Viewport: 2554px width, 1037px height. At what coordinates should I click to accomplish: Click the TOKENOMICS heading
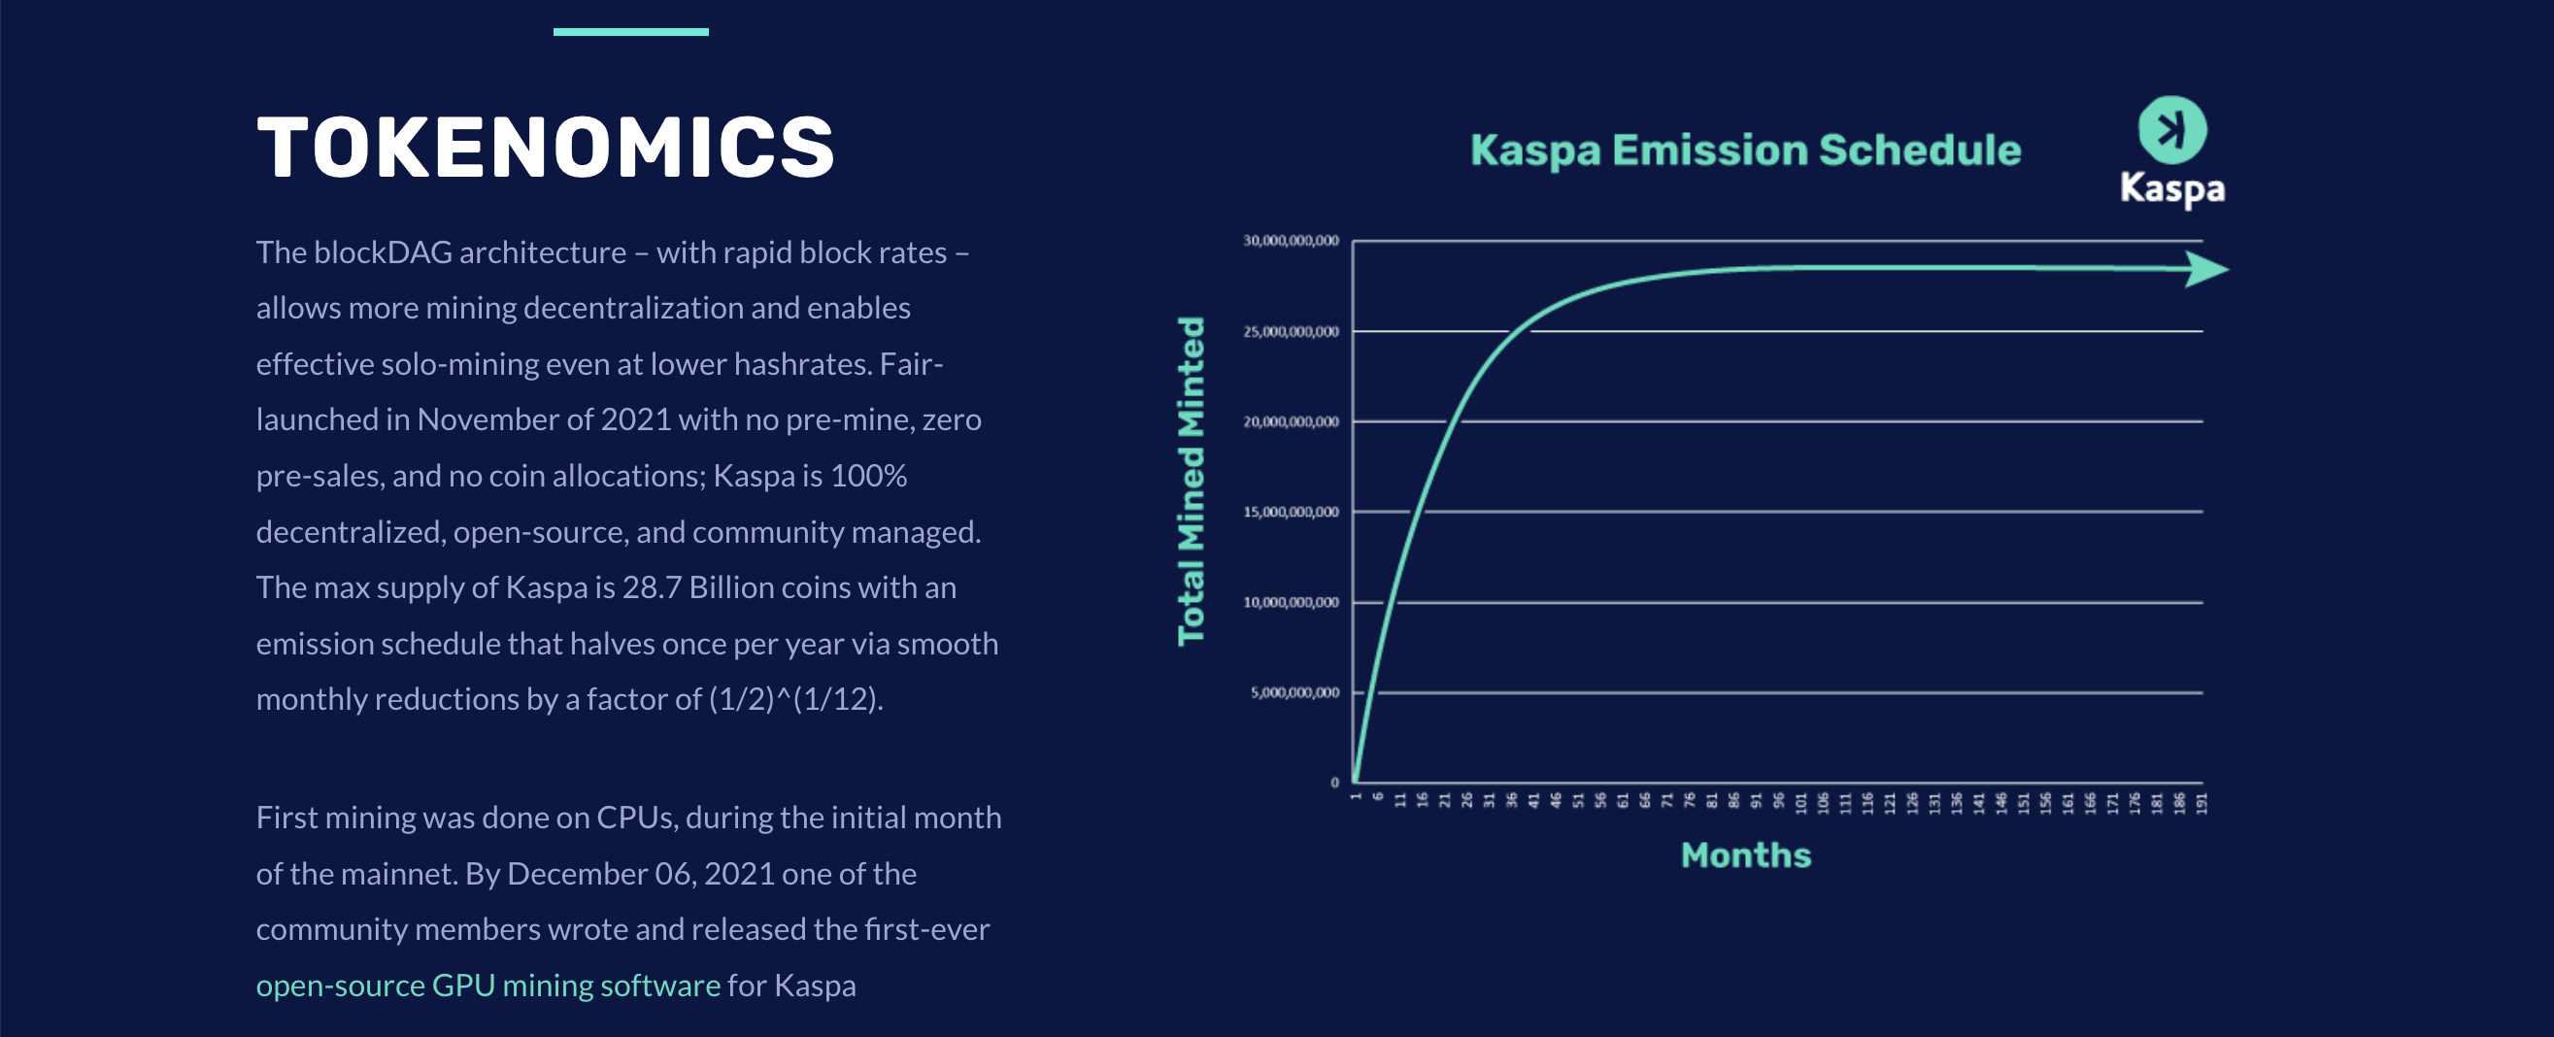click(546, 148)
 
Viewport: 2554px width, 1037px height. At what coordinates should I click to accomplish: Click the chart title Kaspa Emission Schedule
click(1745, 151)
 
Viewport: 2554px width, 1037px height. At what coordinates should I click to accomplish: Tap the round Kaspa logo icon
click(2172, 130)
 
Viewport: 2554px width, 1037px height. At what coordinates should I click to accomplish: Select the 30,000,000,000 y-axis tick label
click(1291, 241)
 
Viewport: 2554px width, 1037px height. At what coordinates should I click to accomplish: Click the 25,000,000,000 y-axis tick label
click(1291, 331)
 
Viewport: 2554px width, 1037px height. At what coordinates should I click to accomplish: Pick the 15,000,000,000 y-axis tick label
click(1291, 512)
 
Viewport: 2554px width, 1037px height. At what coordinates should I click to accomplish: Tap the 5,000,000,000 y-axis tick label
click(1294, 692)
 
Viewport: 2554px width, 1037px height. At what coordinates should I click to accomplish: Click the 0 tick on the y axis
click(1334, 783)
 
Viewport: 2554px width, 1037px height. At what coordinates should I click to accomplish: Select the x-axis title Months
click(1745, 854)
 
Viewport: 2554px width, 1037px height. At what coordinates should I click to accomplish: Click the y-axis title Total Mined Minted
click(1191, 481)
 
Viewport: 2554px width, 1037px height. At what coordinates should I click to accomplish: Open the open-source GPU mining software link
click(487, 986)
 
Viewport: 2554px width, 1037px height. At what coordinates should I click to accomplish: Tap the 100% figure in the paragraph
click(868, 476)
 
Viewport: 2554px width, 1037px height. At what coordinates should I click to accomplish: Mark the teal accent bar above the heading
click(630, 32)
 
